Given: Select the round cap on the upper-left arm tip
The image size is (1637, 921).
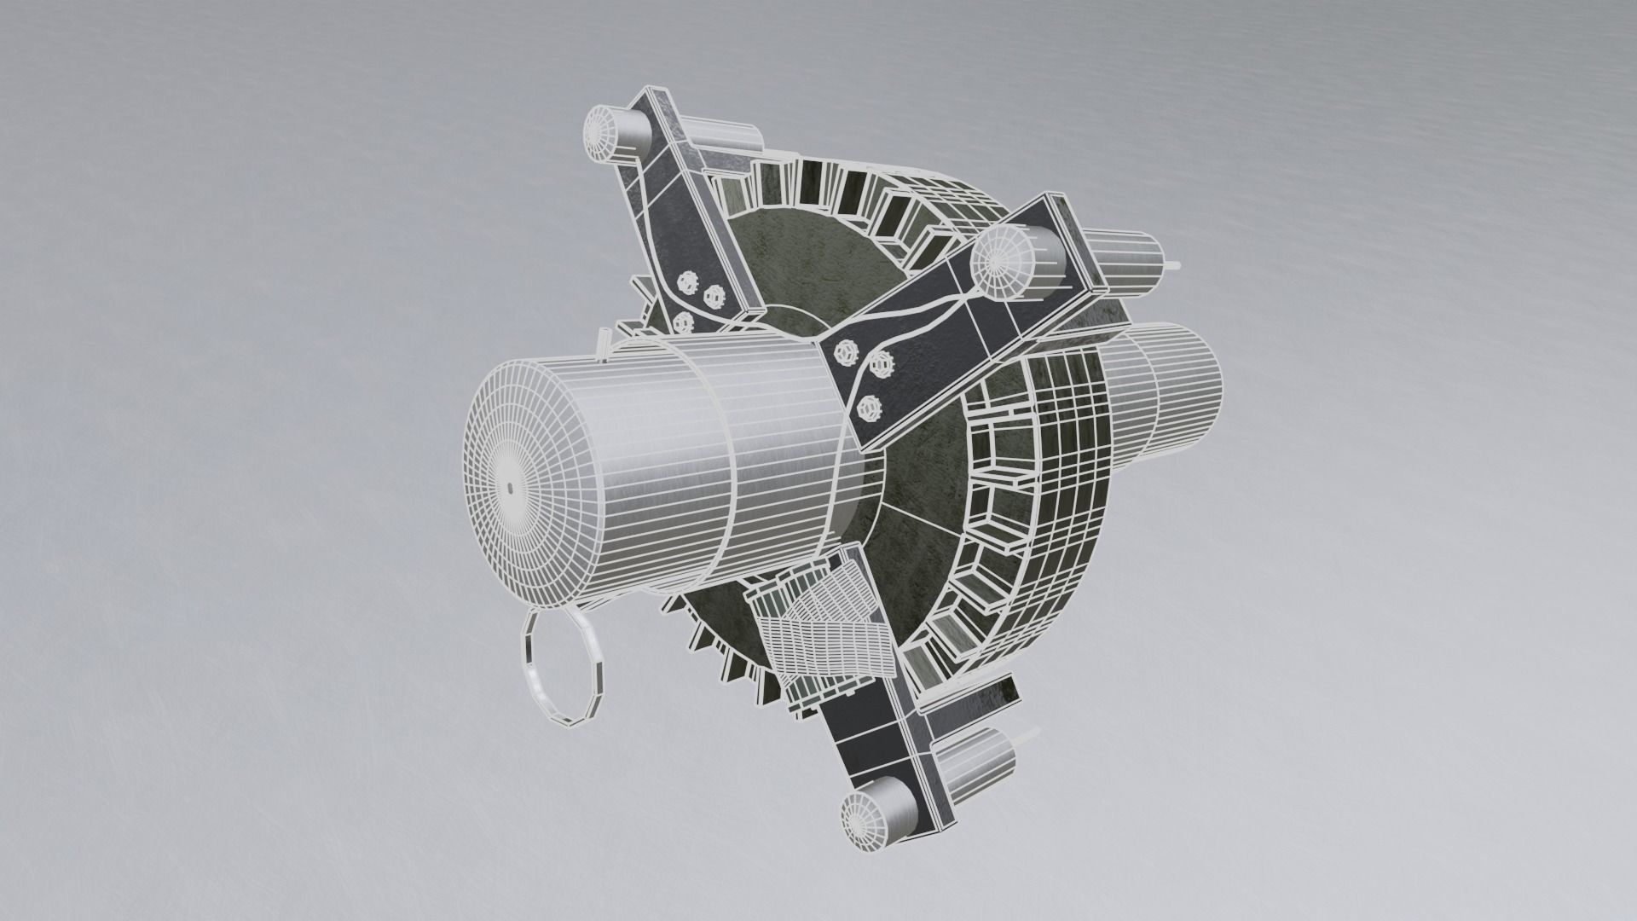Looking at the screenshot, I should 607,137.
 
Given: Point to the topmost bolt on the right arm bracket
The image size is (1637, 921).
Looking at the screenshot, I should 848,350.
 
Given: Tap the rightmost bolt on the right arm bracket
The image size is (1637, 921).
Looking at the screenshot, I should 884,366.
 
